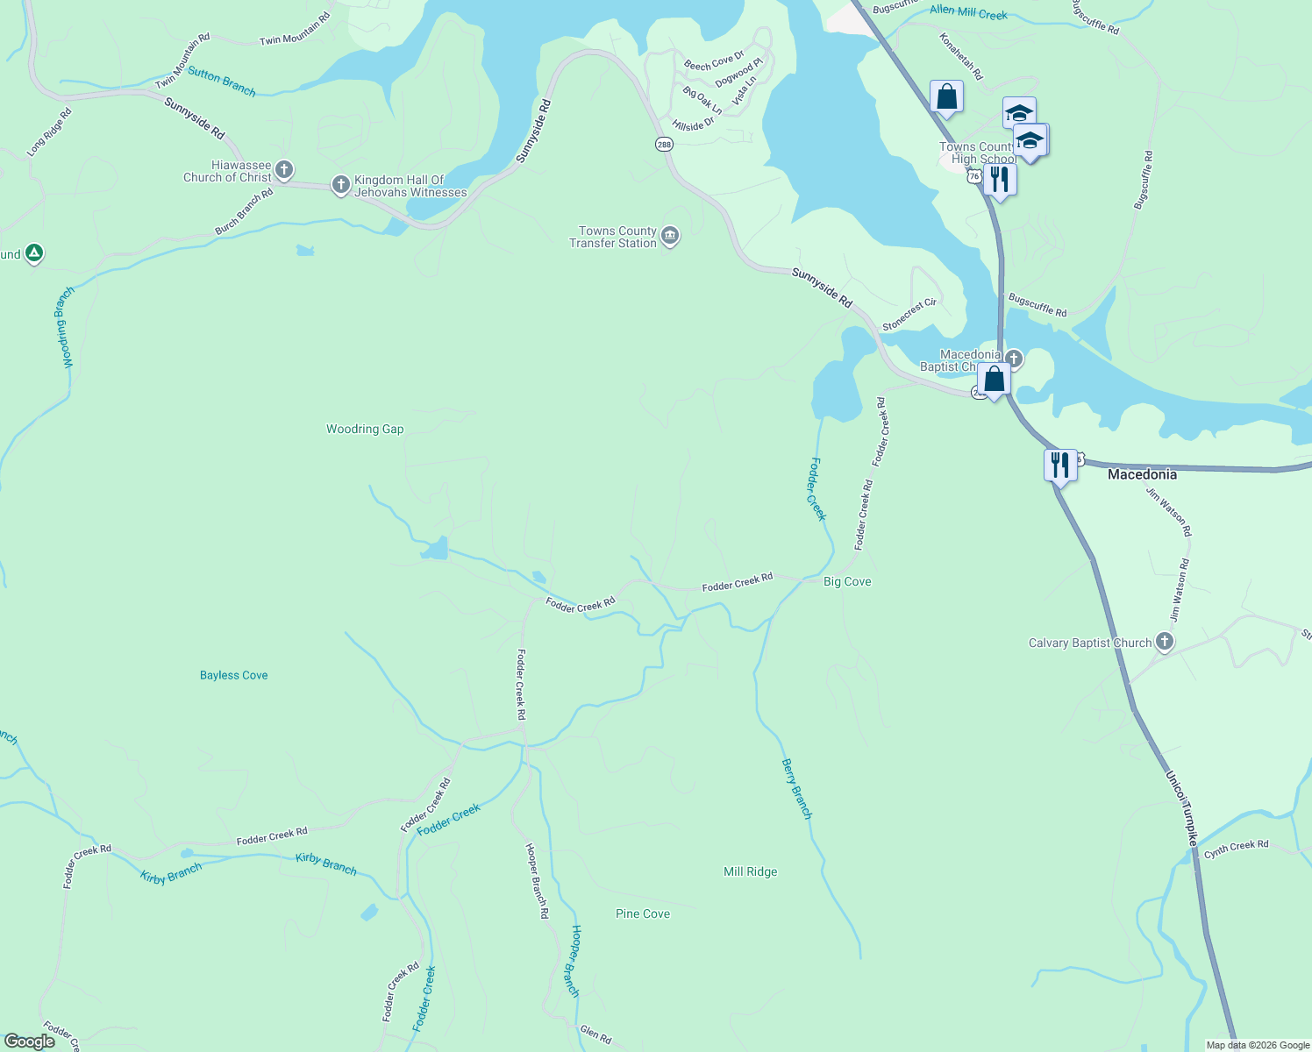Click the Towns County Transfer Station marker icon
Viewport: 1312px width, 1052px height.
pos(670,237)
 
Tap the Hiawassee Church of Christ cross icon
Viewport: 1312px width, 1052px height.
pos(283,169)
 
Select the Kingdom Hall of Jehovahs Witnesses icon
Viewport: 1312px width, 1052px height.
pos(341,185)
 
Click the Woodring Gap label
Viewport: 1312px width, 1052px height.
pos(365,430)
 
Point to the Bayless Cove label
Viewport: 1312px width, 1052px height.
pos(233,675)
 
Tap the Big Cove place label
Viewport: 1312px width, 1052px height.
pos(847,582)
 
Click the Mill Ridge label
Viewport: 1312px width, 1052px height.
pos(750,871)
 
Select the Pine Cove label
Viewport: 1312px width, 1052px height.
pos(642,913)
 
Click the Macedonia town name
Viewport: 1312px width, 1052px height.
pos(1142,474)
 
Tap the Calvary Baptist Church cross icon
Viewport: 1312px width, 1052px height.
pos(1164,642)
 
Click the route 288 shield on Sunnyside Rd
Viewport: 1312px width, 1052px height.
pos(664,144)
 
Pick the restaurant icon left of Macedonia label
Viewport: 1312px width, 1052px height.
pos(1060,465)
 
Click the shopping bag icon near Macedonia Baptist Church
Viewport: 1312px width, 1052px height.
pos(994,380)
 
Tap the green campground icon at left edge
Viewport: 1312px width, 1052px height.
pos(33,253)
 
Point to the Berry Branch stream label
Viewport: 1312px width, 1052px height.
pos(796,789)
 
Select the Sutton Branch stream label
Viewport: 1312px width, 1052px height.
pos(222,82)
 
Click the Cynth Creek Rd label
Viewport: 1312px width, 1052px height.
pos(1236,849)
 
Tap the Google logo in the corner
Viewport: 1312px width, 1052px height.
pos(30,1041)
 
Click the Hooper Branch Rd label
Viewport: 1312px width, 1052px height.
pos(537,880)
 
